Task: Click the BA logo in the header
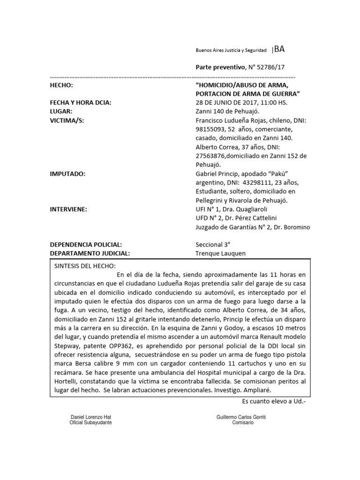coord(278,49)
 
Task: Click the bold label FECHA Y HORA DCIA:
coord(81,103)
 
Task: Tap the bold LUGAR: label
coord(61,111)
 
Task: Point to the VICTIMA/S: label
coord(67,120)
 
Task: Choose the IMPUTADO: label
coord(67,173)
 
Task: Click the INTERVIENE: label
coord(68,209)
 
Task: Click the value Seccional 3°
coord(213,245)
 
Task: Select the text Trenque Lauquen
coord(220,254)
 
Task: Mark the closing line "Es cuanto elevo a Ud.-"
coord(274,401)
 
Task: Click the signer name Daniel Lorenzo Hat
coord(90,417)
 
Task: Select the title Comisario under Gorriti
coord(243,422)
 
